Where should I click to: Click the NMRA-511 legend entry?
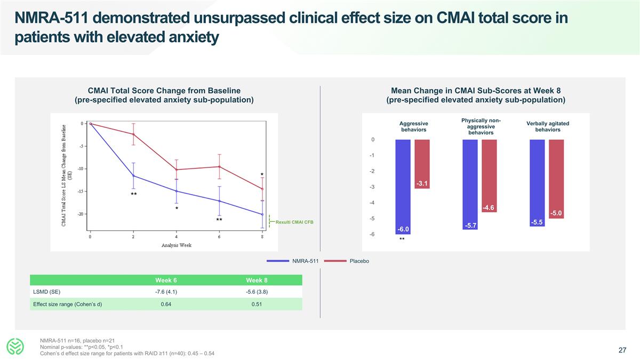tap(305, 261)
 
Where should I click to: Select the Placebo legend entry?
tap(359, 261)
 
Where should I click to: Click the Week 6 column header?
tap(166, 281)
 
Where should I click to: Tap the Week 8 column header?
tap(257, 281)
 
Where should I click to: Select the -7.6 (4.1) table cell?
tap(166, 292)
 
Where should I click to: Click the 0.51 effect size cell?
tap(257, 304)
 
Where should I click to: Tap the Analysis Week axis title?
tap(176, 245)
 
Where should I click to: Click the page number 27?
tap(622, 350)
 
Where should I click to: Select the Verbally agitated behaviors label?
tap(548, 126)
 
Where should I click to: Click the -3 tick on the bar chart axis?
tap(371, 187)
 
